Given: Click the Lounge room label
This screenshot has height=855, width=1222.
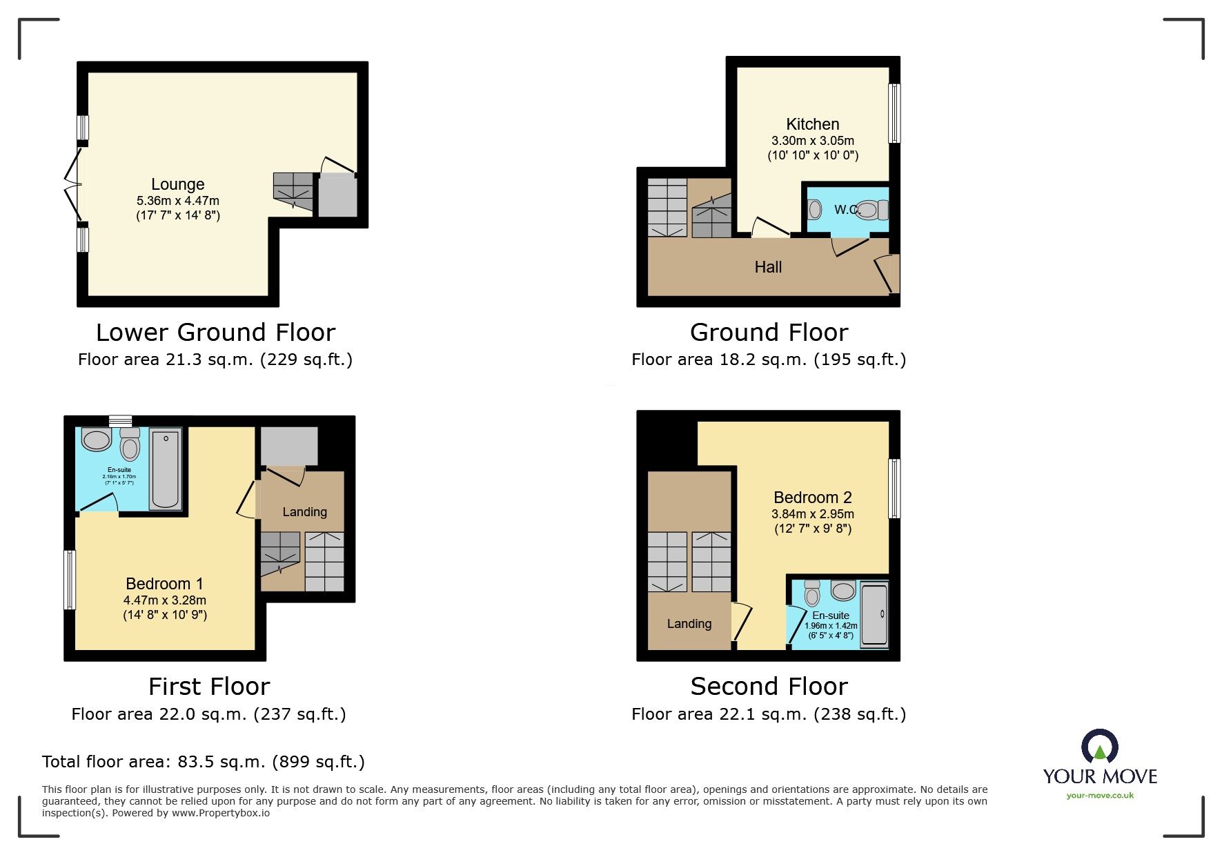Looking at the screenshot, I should coord(178,184).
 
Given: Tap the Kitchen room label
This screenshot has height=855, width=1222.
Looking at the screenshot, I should coord(813,124).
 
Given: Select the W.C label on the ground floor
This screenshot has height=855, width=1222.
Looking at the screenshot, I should coord(845,209).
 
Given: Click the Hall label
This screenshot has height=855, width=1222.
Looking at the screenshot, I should coord(768,267).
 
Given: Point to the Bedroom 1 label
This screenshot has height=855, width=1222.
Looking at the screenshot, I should coord(164,584).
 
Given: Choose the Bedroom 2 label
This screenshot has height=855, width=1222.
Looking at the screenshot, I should coord(813,498).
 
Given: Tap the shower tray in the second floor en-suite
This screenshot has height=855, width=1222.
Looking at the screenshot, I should coord(874,614).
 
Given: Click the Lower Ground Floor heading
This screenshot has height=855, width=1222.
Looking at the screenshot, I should coord(215,333).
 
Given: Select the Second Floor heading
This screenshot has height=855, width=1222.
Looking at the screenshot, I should coord(769,687).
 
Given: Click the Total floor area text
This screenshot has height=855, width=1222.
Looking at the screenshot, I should coord(203,762).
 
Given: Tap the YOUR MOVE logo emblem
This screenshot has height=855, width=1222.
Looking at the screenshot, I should coord(1099,746).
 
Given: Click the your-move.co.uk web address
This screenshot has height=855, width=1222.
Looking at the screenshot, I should coord(1100,796).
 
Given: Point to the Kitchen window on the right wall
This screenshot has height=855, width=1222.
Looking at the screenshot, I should coord(894,113).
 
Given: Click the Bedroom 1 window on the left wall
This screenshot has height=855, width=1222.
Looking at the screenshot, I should coord(70,580).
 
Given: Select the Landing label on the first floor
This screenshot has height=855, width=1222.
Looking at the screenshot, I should coord(304,512).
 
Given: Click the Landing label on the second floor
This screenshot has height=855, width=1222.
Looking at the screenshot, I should coord(689,624).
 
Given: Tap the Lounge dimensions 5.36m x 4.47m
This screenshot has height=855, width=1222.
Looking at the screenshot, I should coord(178,201).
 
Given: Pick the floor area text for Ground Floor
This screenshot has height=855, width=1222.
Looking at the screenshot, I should coord(768,360).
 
